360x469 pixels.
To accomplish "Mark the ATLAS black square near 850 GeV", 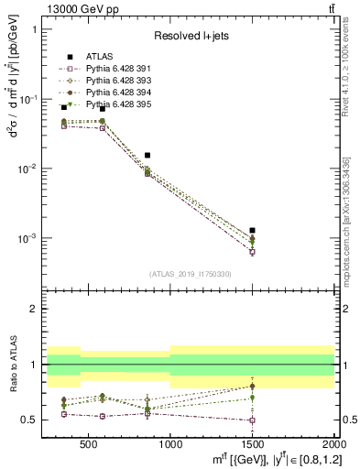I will point(147,156).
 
